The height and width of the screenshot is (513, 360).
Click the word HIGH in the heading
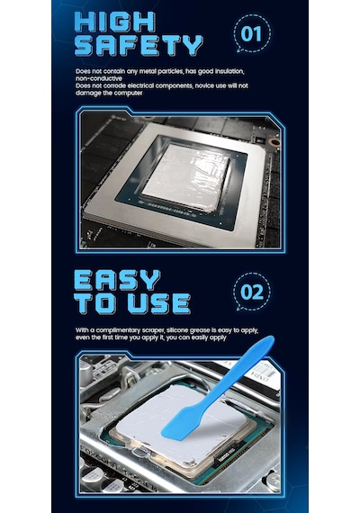click(x=115, y=22)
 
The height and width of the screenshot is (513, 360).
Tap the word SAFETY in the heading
click(x=139, y=45)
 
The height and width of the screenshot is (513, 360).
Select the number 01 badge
click(x=252, y=33)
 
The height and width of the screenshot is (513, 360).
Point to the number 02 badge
click(x=252, y=292)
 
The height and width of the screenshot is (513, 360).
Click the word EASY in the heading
click(x=117, y=281)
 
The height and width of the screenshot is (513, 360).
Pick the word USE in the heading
click(x=159, y=303)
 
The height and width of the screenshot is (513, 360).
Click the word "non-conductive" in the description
click(x=99, y=78)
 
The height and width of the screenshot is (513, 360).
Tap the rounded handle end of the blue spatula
click(x=264, y=343)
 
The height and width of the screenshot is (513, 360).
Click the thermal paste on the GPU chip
click(x=187, y=175)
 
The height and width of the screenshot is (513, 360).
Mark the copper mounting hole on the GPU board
click(x=273, y=141)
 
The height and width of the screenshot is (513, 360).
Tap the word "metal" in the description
click(x=148, y=71)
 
